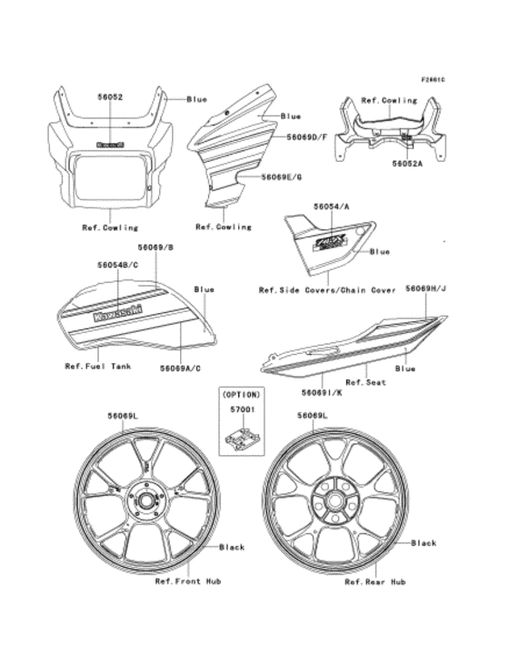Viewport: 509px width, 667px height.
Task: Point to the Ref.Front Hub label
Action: (188, 580)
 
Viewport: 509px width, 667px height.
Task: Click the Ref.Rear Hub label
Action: (374, 580)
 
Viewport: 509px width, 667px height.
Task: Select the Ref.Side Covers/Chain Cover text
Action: (327, 290)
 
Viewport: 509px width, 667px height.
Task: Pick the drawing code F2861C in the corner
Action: (434, 80)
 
